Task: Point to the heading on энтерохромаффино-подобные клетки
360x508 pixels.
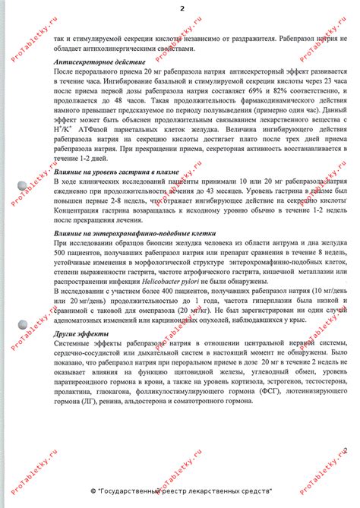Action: pos(136,233)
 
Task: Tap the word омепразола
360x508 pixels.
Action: pos(153,311)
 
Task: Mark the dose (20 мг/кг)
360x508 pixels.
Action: pos(191,311)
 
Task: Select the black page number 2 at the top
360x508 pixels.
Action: pos(182,8)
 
